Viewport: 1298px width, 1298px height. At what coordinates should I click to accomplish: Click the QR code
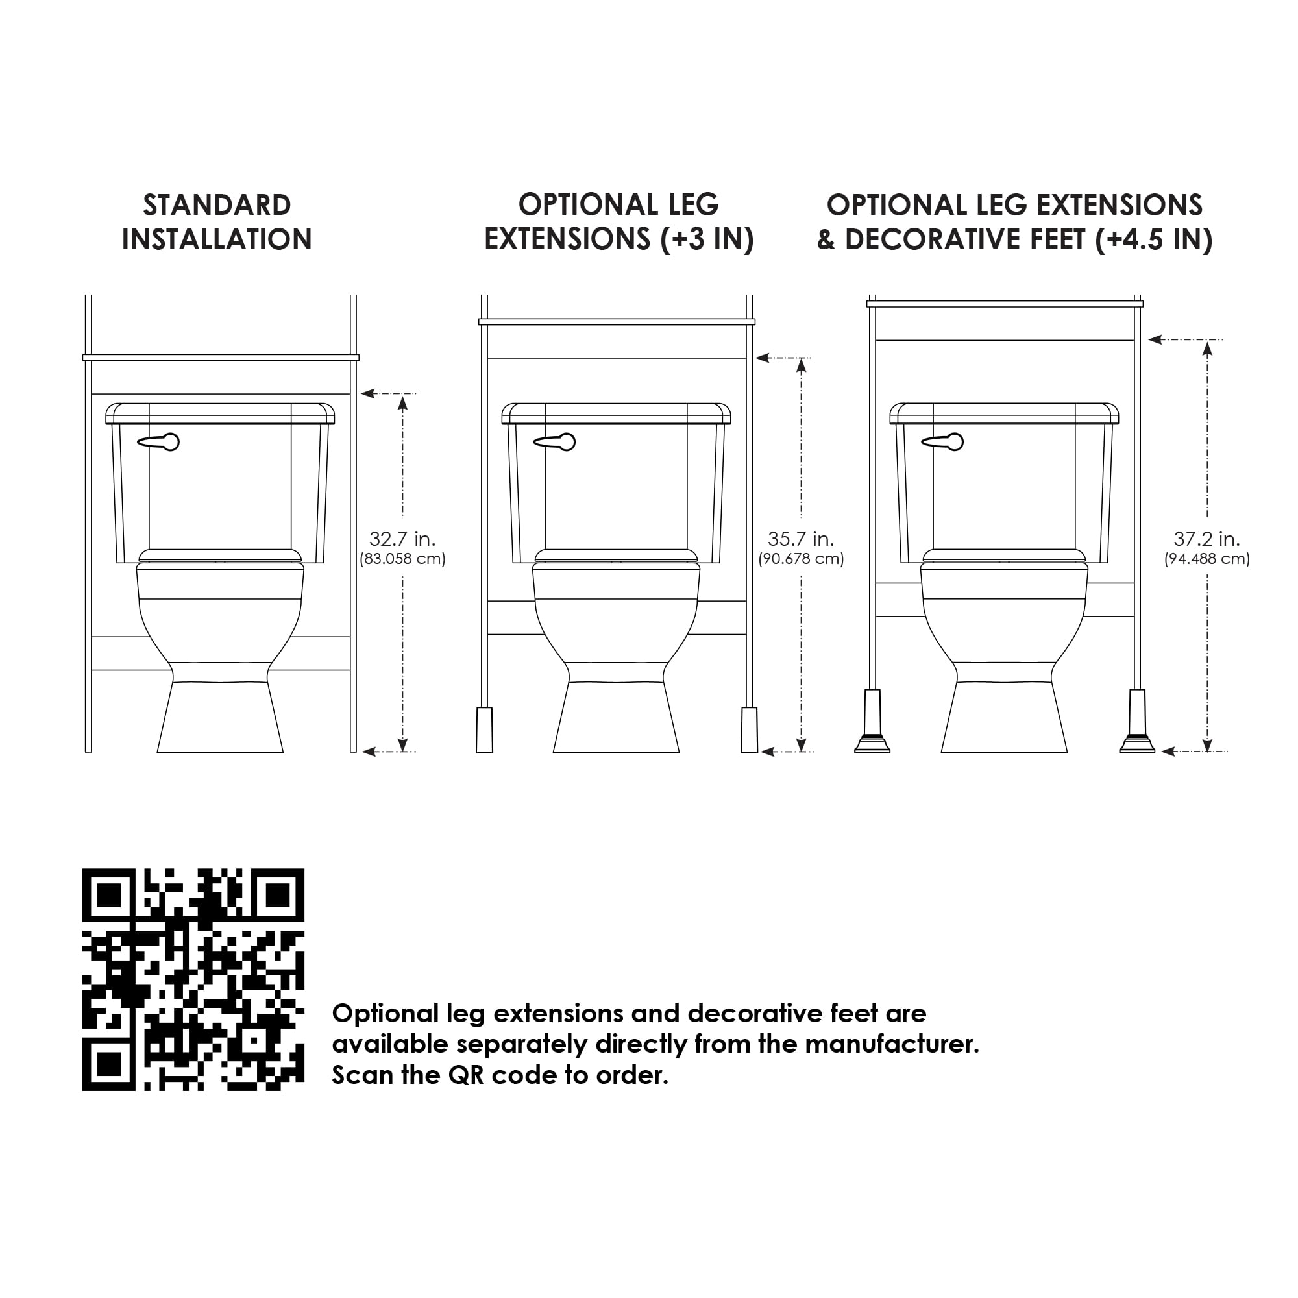pos(193,979)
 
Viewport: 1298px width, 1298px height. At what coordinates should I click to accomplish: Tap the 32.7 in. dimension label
pos(402,539)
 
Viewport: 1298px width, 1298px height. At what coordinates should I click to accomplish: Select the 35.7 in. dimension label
pos(801,539)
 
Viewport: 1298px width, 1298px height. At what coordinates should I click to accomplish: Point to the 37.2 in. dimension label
pos(1206,539)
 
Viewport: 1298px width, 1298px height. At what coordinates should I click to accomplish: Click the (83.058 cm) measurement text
pos(402,559)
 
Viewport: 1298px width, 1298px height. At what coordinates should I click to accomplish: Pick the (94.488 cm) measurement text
pos(1206,559)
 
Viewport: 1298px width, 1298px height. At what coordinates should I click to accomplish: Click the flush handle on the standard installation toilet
pos(158,441)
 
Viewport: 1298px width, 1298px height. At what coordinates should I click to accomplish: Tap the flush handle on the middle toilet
pos(555,441)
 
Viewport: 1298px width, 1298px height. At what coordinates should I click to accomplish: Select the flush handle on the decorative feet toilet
pos(942,441)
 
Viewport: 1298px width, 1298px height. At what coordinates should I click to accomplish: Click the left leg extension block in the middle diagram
pos(484,729)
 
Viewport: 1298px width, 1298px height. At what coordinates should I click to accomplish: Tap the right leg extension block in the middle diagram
pos(749,729)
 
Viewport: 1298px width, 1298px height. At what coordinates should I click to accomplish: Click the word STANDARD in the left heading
pos(217,205)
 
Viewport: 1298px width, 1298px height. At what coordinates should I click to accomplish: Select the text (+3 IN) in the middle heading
pos(707,239)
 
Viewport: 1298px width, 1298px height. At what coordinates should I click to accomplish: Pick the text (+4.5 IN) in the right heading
pos(1153,239)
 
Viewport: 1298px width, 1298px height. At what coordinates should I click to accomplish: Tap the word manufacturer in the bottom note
pos(892,1044)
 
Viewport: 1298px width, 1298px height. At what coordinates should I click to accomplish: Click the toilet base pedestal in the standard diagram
pos(221,717)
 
